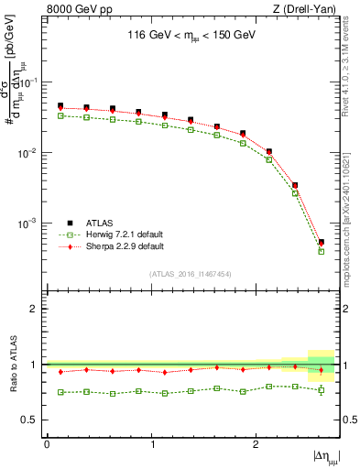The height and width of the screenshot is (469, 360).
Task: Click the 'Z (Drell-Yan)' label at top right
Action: tap(307, 10)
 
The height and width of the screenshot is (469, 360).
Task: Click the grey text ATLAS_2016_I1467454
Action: tap(190, 274)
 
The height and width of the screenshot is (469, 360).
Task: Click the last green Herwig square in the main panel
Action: tap(322, 251)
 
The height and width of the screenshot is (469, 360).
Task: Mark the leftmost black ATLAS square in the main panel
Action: tap(60, 106)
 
